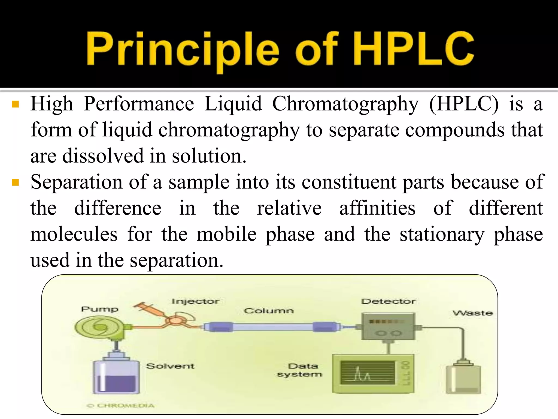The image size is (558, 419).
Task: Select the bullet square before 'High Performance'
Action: click(15, 104)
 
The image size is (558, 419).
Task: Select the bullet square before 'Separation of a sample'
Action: click(15, 182)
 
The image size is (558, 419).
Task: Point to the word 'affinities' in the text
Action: click(377, 208)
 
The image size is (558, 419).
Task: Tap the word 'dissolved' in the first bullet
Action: click(103, 156)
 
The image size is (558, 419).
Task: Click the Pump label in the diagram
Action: click(100, 309)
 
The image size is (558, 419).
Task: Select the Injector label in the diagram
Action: click(195, 301)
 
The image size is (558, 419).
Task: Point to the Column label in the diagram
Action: click(269, 311)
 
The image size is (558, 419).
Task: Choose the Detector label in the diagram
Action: click(389, 301)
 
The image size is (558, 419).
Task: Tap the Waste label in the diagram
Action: click(473, 313)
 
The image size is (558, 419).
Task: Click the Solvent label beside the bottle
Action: click(170, 366)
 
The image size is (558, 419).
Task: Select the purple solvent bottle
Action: click(116, 376)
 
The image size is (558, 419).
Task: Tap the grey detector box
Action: click(388, 327)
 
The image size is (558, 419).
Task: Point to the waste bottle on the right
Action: click(463, 379)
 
